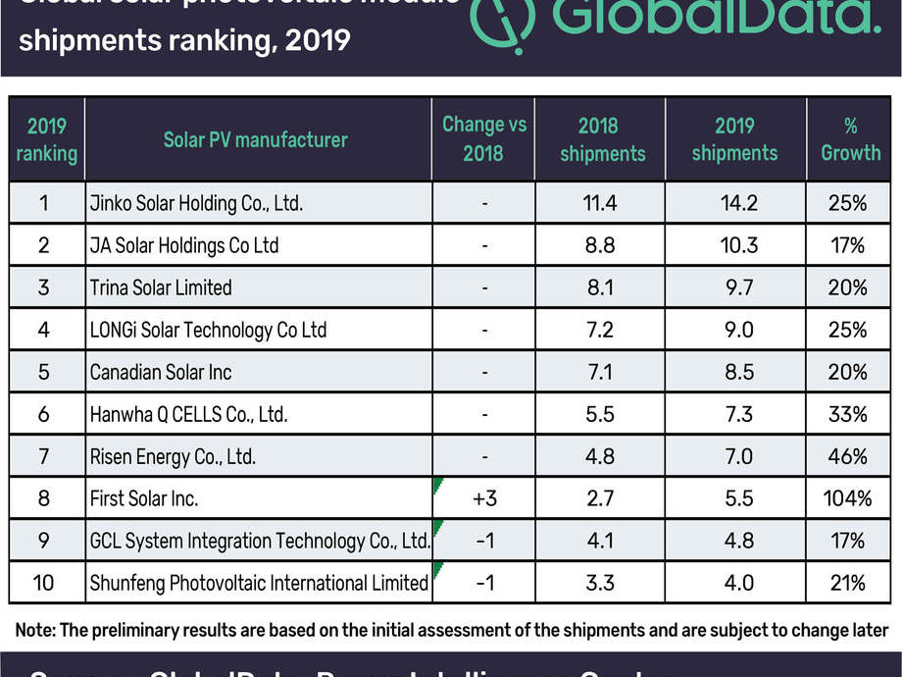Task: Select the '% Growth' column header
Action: click(850, 139)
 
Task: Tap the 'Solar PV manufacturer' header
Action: click(255, 139)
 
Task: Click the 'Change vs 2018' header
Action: click(484, 138)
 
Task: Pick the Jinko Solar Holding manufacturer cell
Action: click(195, 204)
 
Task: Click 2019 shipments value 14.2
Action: click(734, 204)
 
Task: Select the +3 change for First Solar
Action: click(484, 498)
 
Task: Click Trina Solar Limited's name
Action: click(160, 287)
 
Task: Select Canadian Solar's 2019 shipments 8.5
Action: click(734, 372)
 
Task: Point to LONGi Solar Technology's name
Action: click(207, 330)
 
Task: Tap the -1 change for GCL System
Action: click(484, 541)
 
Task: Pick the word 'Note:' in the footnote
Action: click(37, 629)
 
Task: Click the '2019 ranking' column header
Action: click(45, 139)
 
